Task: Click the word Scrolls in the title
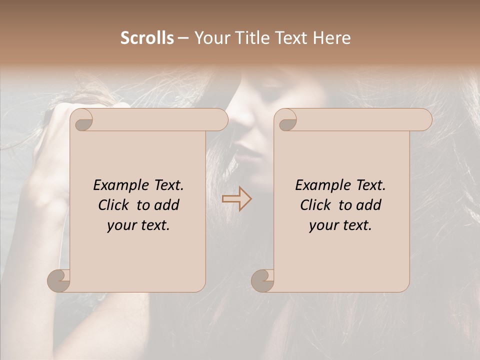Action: pyautogui.click(x=147, y=38)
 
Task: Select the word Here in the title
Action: pyautogui.click(x=332, y=38)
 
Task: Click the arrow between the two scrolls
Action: pyautogui.click(x=236, y=199)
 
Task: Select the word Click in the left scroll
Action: pyautogui.click(x=113, y=205)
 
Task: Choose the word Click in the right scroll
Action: pyautogui.click(x=315, y=205)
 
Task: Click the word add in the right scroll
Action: pyautogui.click(x=368, y=205)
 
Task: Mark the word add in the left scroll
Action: pyautogui.click(x=166, y=205)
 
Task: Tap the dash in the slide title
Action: pyautogui.click(x=183, y=38)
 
